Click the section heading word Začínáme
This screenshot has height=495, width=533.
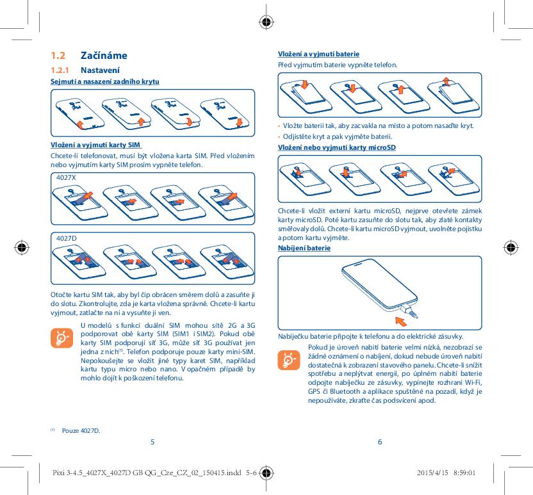(104, 56)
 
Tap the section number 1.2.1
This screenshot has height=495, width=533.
(61, 70)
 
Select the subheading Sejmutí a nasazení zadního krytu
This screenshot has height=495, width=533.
(105, 81)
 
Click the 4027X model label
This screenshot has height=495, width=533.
(66, 177)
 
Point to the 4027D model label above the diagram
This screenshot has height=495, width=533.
(67, 238)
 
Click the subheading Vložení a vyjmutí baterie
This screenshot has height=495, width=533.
(318, 54)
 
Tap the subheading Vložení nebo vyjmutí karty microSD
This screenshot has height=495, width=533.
(337, 148)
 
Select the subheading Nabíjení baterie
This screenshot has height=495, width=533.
(304, 248)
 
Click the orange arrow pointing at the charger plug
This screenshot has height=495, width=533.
(402, 317)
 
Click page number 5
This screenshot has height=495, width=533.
(152, 441)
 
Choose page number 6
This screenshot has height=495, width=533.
(380, 441)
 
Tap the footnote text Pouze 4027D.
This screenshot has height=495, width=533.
(81, 430)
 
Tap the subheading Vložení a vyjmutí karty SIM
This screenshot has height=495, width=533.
(95, 144)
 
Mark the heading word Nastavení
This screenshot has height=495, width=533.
(100, 70)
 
